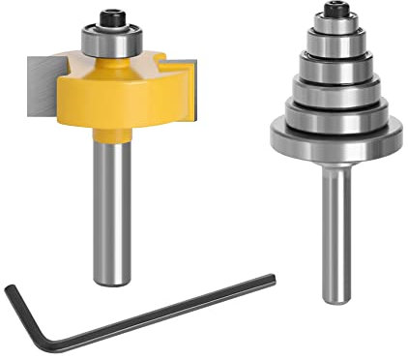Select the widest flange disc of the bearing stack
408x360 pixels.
(335, 135)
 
